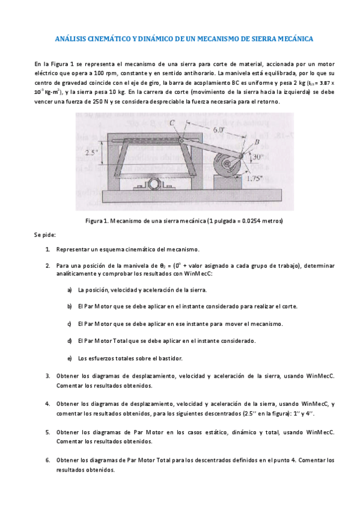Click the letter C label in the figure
tap(172, 123)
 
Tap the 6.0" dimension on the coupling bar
tap(219, 129)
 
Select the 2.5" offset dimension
tap(91, 152)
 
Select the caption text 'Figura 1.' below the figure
tap(99, 221)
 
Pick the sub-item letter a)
tap(70, 290)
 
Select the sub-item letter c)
tap(70, 324)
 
